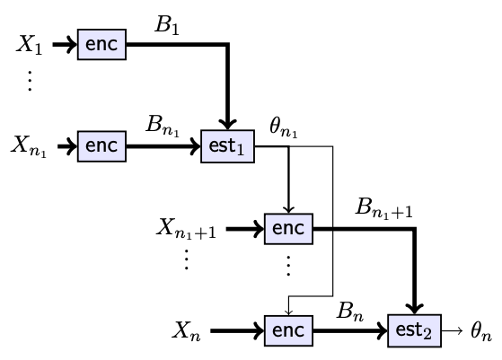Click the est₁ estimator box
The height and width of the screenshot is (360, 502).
pyautogui.click(x=227, y=146)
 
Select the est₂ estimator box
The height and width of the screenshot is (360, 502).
pyautogui.click(x=415, y=330)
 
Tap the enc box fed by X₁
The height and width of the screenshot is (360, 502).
pyautogui.click(x=101, y=45)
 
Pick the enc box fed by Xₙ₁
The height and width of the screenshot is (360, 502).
pyautogui.click(x=101, y=146)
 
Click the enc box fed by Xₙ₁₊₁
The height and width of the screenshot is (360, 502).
pyautogui.click(x=288, y=229)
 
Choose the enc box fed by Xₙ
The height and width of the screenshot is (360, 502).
pyautogui.click(x=288, y=330)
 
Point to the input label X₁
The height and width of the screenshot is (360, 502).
pyautogui.click(x=29, y=44)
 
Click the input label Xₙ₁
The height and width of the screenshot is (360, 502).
pyautogui.click(x=29, y=146)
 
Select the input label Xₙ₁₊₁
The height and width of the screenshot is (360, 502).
pyautogui.click(x=186, y=229)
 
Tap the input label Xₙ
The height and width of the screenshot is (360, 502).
pyautogui.click(x=186, y=331)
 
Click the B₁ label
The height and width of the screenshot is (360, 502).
pyautogui.click(x=167, y=24)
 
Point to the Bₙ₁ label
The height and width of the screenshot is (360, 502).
pyautogui.click(x=163, y=126)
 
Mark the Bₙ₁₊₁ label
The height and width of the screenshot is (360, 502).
pyautogui.click(x=384, y=208)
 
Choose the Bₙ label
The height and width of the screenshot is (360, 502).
pyautogui.click(x=350, y=312)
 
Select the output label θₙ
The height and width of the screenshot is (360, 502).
pyautogui.click(x=481, y=331)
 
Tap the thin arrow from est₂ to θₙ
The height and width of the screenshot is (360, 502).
pyautogui.click(x=452, y=330)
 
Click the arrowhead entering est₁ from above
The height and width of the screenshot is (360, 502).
pyautogui.click(x=227, y=124)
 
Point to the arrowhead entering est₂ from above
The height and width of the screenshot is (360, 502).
pyautogui.click(x=415, y=309)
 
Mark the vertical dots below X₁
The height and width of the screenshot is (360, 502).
pyautogui.click(x=30, y=81)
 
